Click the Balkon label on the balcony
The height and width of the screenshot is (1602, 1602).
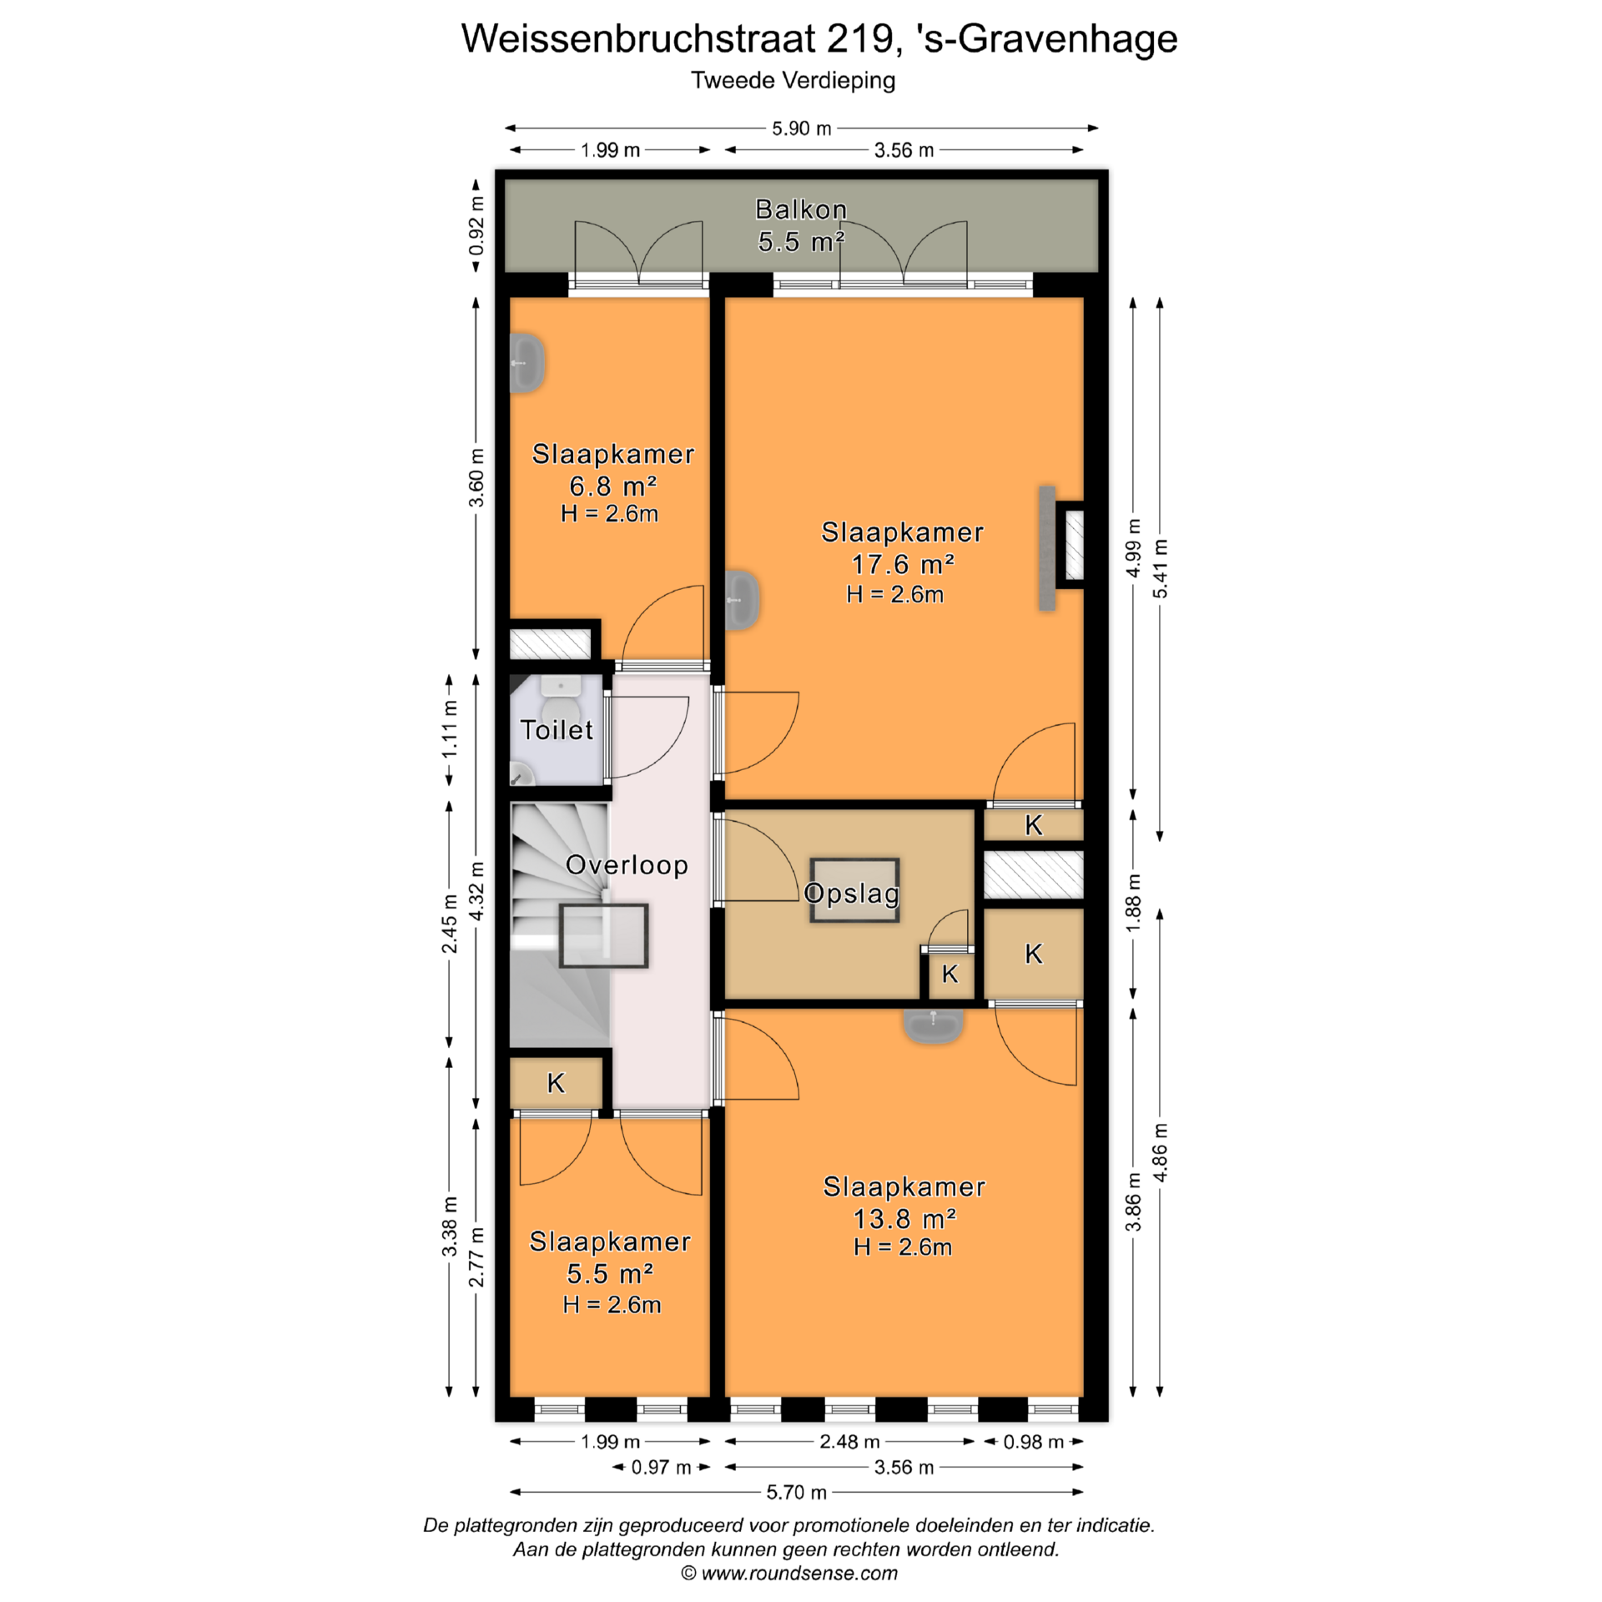click(801, 209)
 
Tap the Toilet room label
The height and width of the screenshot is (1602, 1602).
click(557, 730)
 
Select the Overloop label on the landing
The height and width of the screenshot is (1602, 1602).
click(627, 865)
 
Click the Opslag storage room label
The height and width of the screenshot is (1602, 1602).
click(852, 894)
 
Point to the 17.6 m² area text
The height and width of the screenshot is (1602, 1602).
click(902, 565)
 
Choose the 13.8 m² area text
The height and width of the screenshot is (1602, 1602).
click(904, 1219)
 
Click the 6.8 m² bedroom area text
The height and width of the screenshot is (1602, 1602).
click(612, 486)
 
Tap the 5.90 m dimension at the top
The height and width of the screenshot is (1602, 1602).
click(801, 128)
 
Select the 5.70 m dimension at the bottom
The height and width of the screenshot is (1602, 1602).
click(796, 1492)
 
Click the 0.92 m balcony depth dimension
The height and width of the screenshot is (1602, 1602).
click(476, 226)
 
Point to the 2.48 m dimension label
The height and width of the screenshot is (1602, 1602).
click(849, 1442)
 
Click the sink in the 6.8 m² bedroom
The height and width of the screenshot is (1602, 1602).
click(527, 364)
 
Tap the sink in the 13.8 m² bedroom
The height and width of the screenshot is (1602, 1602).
click(934, 1026)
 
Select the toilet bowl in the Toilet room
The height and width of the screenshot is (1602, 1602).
click(559, 709)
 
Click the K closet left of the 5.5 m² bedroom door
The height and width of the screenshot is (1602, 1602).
click(556, 1083)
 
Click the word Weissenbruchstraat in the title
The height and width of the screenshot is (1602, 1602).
click(639, 38)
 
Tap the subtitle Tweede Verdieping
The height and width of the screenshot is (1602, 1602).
click(793, 81)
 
